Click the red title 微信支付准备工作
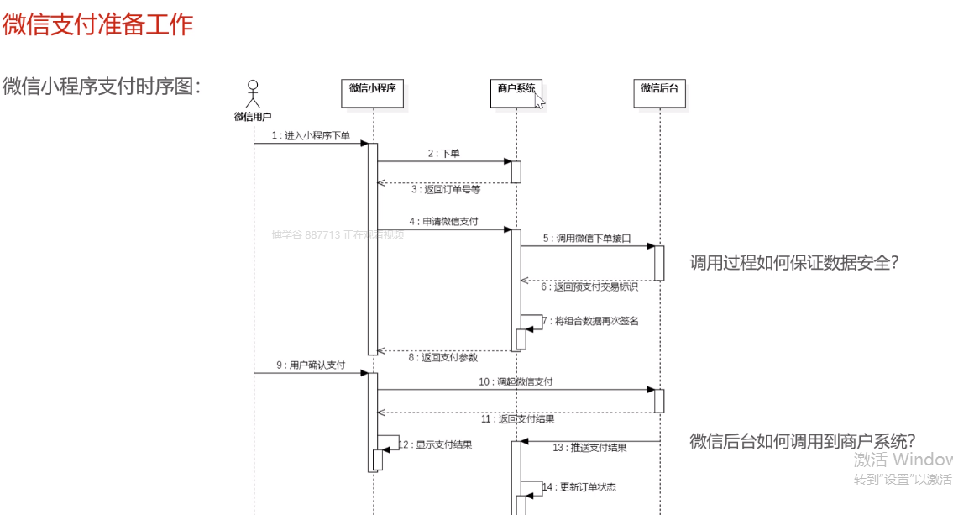click(x=98, y=24)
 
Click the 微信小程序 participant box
click(x=373, y=94)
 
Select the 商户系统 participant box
click(x=516, y=93)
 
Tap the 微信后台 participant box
click(x=659, y=94)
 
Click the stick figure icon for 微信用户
click(x=253, y=91)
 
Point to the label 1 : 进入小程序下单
click(x=311, y=135)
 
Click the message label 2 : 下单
click(x=443, y=153)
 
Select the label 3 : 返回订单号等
click(x=446, y=190)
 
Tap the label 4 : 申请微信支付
click(x=443, y=221)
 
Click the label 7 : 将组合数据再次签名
click(x=589, y=321)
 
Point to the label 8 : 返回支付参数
click(x=443, y=357)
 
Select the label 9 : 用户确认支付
click(x=311, y=365)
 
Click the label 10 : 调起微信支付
click(x=516, y=381)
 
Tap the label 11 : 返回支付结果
click(x=517, y=418)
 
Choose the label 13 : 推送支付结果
click(x=589, y=448)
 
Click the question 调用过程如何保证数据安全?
click(x=794, y=263)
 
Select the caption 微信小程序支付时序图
click(x=102, y=86)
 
